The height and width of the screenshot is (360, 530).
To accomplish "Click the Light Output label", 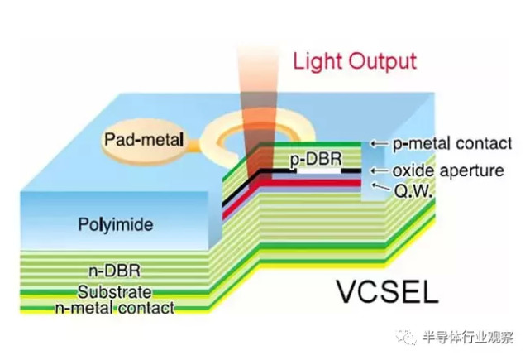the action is click(355, 62).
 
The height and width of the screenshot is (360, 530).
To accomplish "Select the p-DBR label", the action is click(316, 160).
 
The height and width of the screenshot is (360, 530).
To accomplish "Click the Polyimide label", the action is click(116, 224).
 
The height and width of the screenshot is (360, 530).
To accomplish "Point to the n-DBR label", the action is click(114, 271).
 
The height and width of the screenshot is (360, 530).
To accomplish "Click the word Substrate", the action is click(115, 292).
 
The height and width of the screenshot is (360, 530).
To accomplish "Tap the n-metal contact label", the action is click(115, 308).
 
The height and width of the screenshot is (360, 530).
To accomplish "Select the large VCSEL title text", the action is click(387, 291).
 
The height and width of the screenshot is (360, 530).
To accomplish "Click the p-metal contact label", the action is click(452, 143).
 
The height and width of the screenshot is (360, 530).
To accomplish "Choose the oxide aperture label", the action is click(448, 170).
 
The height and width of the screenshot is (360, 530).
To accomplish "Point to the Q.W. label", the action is click(413, 191).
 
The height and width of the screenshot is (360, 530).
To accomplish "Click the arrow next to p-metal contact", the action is click(379, 143).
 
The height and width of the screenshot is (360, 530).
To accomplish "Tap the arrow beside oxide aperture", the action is click(379, 170).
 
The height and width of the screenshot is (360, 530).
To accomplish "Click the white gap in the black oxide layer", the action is click(318, 170).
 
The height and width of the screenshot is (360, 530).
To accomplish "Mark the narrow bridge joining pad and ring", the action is click(193, 144).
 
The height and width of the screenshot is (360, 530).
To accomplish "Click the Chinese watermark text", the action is click(468, 338).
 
